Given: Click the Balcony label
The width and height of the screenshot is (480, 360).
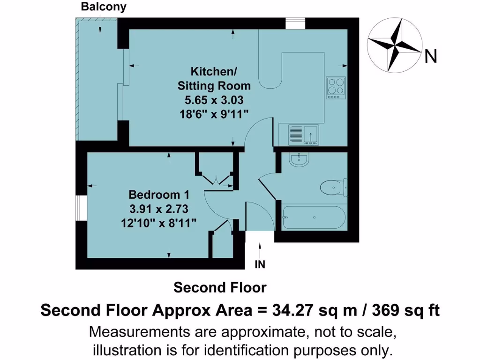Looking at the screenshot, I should tap(103, 7).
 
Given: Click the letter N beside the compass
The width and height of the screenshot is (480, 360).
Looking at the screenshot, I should tap(431, 57).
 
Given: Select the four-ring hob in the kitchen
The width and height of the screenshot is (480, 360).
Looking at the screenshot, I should tap(336, 88).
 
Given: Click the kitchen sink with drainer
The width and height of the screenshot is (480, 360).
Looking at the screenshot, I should tap(303, 134).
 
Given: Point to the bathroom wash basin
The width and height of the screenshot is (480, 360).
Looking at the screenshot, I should tap(298, 160).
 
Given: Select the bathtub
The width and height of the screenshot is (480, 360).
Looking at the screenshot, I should tap(314, 217).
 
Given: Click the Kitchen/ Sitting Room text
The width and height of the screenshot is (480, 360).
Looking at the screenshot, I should tap(214, 79).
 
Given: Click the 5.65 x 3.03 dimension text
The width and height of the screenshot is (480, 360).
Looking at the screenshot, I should tap(214, 100).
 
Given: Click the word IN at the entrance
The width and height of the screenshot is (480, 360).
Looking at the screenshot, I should tap(260, 265).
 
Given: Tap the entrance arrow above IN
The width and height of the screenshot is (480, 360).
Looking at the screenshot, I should tap(260, 248).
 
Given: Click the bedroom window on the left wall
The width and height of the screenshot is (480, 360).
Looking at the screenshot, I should tap(81, 207).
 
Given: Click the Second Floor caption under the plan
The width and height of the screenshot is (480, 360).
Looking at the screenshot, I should tap(220, 287).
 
